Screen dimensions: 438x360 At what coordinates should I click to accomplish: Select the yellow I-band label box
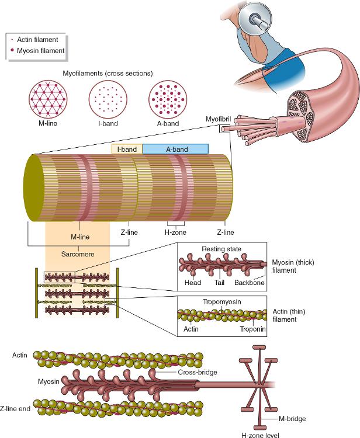coord(127,150)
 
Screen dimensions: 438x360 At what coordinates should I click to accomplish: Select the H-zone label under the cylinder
coord(175,232)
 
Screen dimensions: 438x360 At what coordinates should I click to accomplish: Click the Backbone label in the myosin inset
coord(250,283)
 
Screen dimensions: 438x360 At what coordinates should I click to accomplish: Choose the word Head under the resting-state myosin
coord(192,283)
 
